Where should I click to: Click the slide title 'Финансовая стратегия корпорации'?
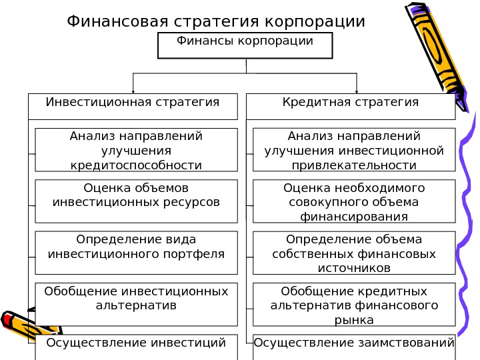point(216,22)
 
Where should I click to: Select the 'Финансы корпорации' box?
point(245,45)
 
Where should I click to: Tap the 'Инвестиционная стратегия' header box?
point(133,106)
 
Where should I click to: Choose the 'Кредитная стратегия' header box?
point(351,106)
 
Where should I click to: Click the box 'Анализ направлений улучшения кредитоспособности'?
point(136,150)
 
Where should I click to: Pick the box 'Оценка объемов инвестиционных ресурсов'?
point(136,201)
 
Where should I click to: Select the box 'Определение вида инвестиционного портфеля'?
point(136,253)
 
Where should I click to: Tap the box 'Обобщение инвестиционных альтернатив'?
point(136,304)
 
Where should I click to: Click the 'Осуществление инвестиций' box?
point(136,346)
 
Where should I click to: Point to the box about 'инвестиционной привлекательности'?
point(354,150)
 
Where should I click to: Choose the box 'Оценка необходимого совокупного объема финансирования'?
point(354,201)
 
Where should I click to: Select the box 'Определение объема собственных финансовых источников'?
point(354,253)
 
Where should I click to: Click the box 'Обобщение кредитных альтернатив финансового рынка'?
point(354,304)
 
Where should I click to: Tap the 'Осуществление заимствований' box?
point(354,346)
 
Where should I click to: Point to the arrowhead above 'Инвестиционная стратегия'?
point(133,90)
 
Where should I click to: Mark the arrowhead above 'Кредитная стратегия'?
point(357,90)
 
